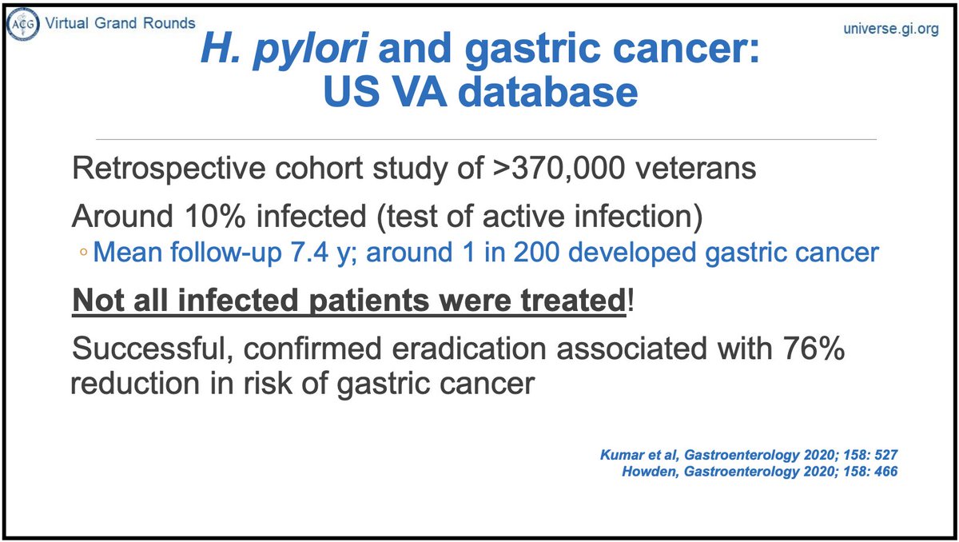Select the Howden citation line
759,472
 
